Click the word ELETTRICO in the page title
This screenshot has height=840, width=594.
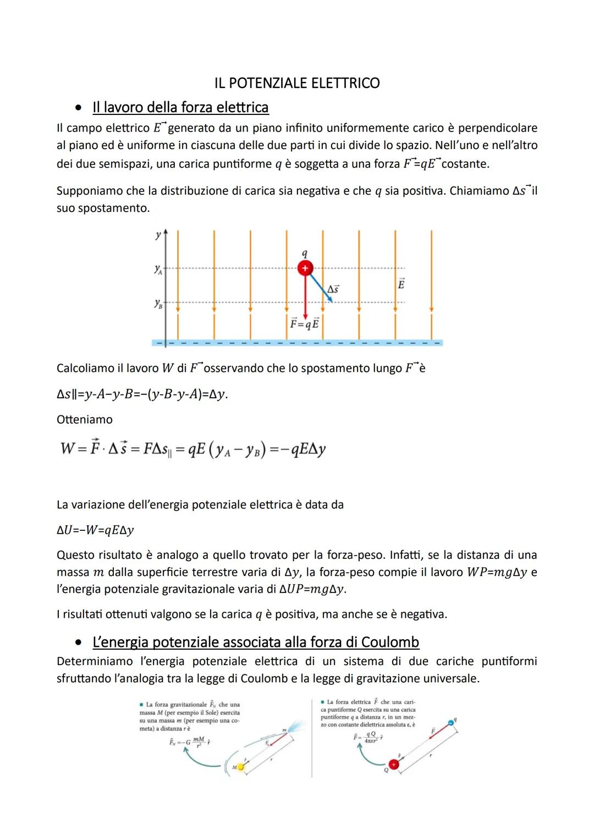point(345,84)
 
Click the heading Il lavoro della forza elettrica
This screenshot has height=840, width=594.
point(180,107)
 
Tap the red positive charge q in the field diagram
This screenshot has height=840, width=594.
point(305,268)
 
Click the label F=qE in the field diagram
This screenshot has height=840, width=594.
point(304,323)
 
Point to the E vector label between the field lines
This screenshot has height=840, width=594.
point(401,284)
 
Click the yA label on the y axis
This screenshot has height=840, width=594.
point(158,270)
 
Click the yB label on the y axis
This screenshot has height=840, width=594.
point(158,304)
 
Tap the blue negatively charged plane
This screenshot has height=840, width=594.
point(297,343)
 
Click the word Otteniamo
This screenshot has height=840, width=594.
point(85,420)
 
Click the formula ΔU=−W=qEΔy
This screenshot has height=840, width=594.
point(95,530)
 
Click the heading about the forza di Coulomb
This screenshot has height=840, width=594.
point(256,642)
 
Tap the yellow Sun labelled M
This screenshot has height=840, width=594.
point(240,766)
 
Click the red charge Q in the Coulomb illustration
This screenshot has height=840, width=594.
point(393,764)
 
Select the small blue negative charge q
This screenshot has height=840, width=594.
point(451,722)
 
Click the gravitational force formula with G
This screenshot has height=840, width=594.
point(189,742)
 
